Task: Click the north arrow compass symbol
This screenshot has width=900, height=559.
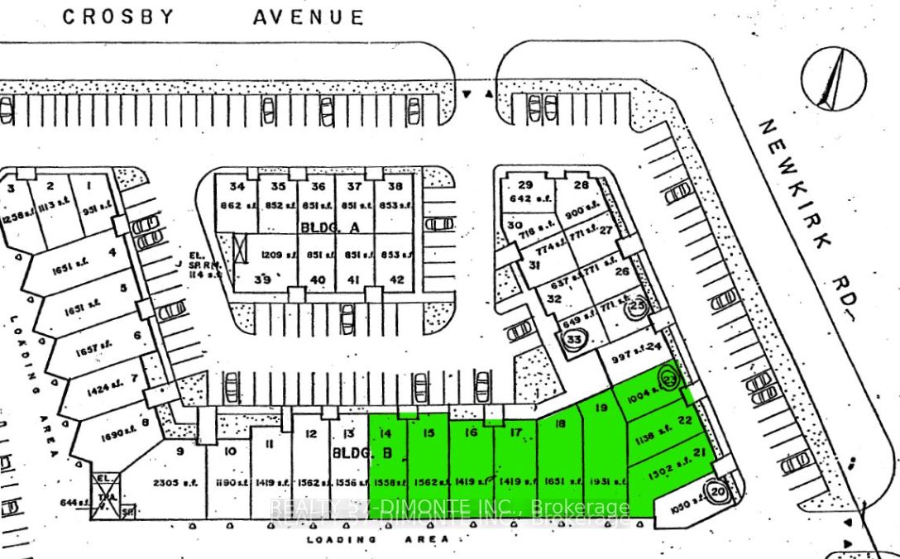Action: (x=833, y=79)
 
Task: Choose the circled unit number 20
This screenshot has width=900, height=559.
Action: (x=717, y=490)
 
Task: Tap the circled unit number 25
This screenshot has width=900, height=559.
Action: (x=637, y=306)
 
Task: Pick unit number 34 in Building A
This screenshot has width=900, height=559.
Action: (x=237, y=186)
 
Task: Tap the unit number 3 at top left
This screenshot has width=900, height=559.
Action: (x=12, y=189)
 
